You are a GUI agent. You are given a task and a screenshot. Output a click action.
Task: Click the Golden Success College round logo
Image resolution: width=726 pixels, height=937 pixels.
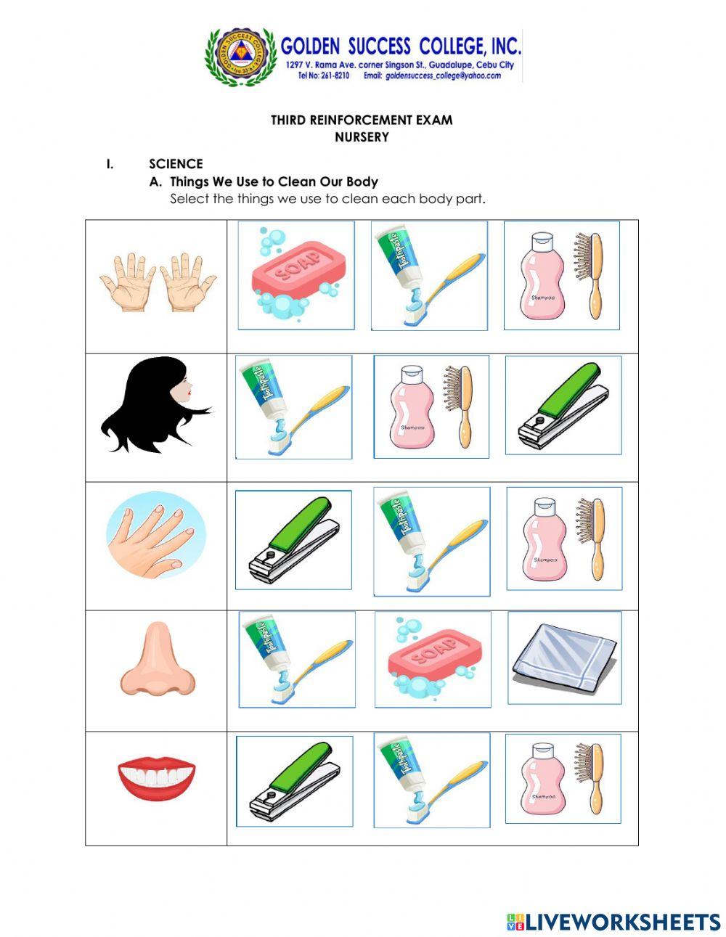(x=241, y=57)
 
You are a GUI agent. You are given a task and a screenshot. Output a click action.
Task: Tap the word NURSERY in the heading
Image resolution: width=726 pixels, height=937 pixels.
(x=362, y=137)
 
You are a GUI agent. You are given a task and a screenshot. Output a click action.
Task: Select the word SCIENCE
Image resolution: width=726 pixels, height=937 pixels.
(x=176, y=164)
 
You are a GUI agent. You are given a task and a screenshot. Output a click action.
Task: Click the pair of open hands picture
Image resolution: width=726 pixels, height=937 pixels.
(x=158, y=283)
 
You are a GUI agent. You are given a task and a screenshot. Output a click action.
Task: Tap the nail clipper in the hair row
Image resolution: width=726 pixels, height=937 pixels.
(x=563, y=406)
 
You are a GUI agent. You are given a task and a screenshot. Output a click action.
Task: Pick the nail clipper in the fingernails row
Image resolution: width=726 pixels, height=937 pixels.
(x=293, y=541)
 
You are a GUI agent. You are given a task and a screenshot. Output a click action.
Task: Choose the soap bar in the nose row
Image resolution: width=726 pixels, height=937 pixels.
(x=433, y=659)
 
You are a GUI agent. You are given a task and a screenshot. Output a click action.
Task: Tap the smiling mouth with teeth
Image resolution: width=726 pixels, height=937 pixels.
(x=157, y=777)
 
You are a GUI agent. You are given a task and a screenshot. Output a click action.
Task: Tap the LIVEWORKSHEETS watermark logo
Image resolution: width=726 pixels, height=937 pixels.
(x=614, y=922)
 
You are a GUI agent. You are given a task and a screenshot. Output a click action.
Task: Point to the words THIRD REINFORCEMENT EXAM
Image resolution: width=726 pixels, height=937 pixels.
(x=362, y=120)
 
